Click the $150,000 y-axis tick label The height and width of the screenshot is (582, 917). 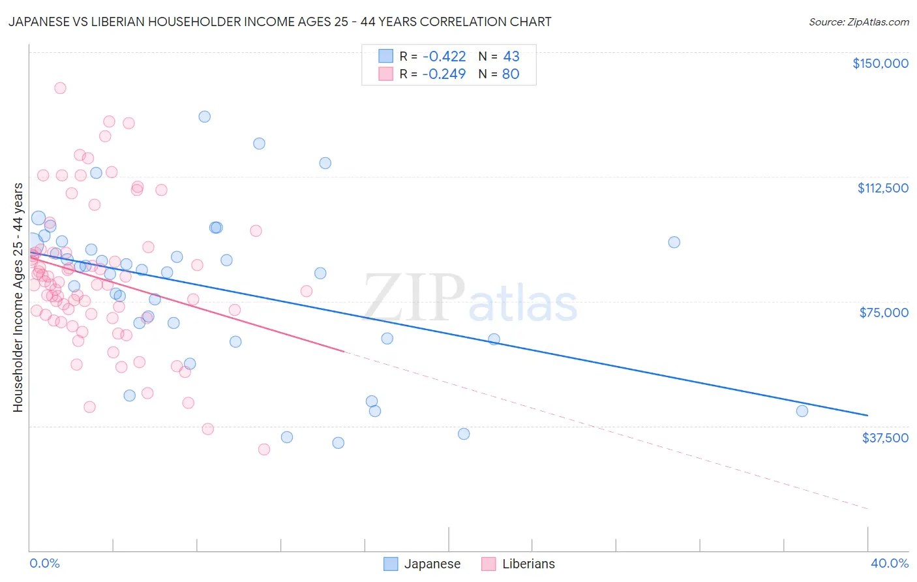tap(880, 63)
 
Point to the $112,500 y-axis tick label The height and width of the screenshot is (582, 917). tap(882, 188)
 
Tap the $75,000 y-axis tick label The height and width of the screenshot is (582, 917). tap(884, 313)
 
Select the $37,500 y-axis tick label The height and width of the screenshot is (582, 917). tap(885, 438)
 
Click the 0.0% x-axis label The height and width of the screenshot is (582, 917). tap(44, 563)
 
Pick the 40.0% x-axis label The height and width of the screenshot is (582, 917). tap(890, 563)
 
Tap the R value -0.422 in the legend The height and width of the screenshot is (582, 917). tap(443, 57)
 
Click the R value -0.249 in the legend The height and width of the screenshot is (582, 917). tap(443, 74)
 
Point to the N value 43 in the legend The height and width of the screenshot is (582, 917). tap(511, 57)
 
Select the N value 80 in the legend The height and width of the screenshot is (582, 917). tap(511, 74)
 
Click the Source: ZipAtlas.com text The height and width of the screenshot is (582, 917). tap(858, 22)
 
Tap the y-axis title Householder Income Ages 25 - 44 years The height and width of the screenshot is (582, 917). tap(18, 298)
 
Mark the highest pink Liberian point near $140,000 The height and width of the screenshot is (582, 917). tap(60, 88)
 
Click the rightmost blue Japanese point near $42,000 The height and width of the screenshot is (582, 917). tap(802, 411)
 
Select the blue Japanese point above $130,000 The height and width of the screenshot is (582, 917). tap(204, 117)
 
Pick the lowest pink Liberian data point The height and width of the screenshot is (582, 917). tap(264, 450)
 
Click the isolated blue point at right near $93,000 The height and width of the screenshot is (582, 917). tap(674, 242)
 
